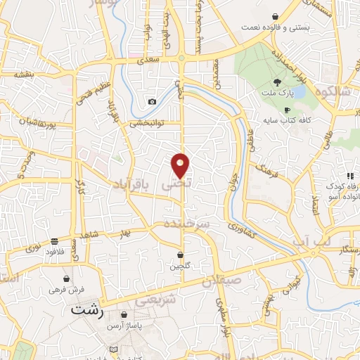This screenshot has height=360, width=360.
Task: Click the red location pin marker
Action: point(181,166)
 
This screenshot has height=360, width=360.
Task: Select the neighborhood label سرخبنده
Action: point(187,223)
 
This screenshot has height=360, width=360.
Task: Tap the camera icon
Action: point(152,102)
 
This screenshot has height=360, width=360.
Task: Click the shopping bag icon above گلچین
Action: point(181,254)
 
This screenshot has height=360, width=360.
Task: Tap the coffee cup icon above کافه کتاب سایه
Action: point(287,110)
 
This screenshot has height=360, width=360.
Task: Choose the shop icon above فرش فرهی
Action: point(66,278)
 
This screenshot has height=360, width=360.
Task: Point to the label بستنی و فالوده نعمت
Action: point(273,27)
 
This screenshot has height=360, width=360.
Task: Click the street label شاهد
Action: point(90,236)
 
